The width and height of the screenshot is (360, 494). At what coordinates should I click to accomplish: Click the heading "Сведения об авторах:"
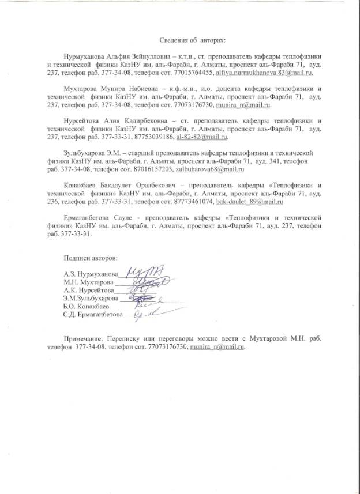[193, 41]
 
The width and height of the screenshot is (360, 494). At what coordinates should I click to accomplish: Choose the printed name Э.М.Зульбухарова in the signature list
[91, 299]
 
